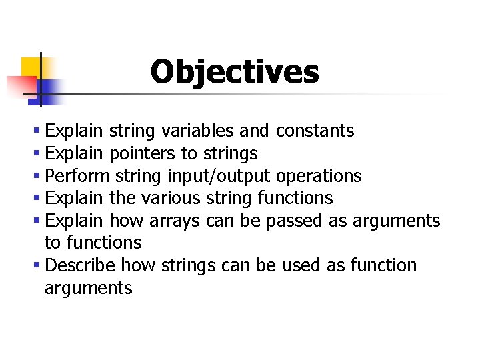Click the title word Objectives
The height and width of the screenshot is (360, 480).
tap(235, 72)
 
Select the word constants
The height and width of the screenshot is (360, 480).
tap(315, 131)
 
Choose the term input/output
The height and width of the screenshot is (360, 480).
tap(219, 177)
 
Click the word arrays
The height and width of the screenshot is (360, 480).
tap(176, 221)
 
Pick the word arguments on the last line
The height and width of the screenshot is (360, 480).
tap(88, 289)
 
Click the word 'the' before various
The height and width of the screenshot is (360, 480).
tap(122, 198)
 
